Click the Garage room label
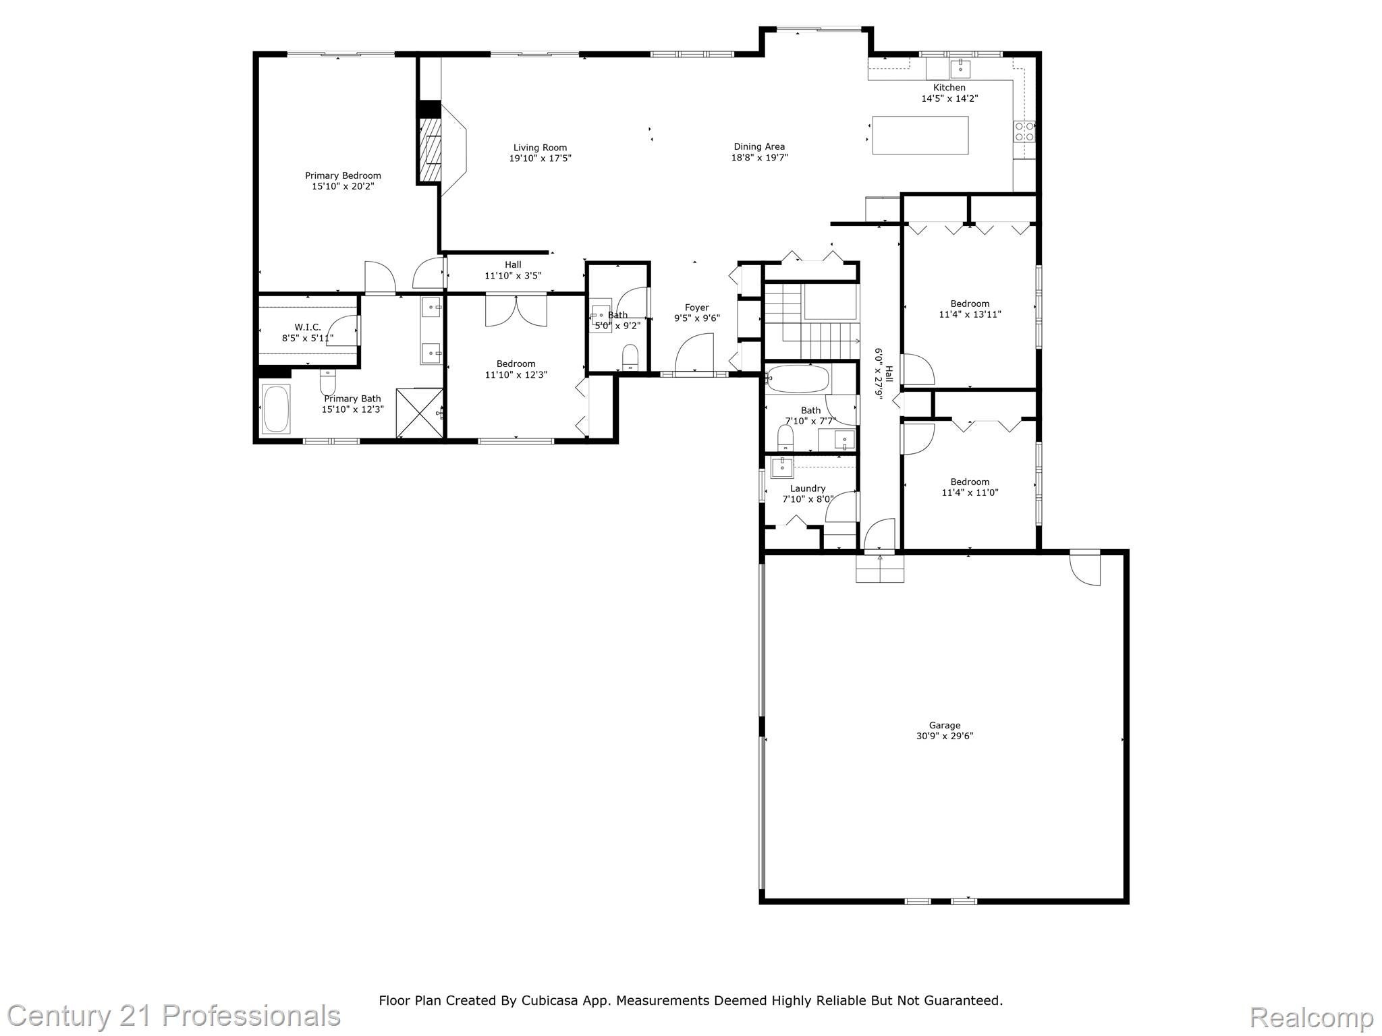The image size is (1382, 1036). click(x=944, y=726)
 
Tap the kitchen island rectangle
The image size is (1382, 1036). click(x=920, y=135)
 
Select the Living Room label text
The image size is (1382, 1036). click(x=540, y=148)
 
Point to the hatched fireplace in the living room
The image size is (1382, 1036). click(x=430, y=150)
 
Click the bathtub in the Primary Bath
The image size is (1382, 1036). click(x=276, y=408)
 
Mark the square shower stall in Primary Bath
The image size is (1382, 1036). click(x=419, y=413)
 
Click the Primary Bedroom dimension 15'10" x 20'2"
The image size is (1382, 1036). click(x=343, y=186)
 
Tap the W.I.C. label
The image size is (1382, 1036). click(x=308, y=327)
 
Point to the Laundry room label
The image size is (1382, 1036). click(x=808, y=488)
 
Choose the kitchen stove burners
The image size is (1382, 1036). click(x=1024, y=132)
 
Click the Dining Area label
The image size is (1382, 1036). click(x=759, y=146)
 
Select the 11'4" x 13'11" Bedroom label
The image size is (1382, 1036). click(x=970, y=304)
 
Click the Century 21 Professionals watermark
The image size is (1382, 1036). click(x=174, y=1016)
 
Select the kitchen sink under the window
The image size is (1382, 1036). click(x=960, y=68)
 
